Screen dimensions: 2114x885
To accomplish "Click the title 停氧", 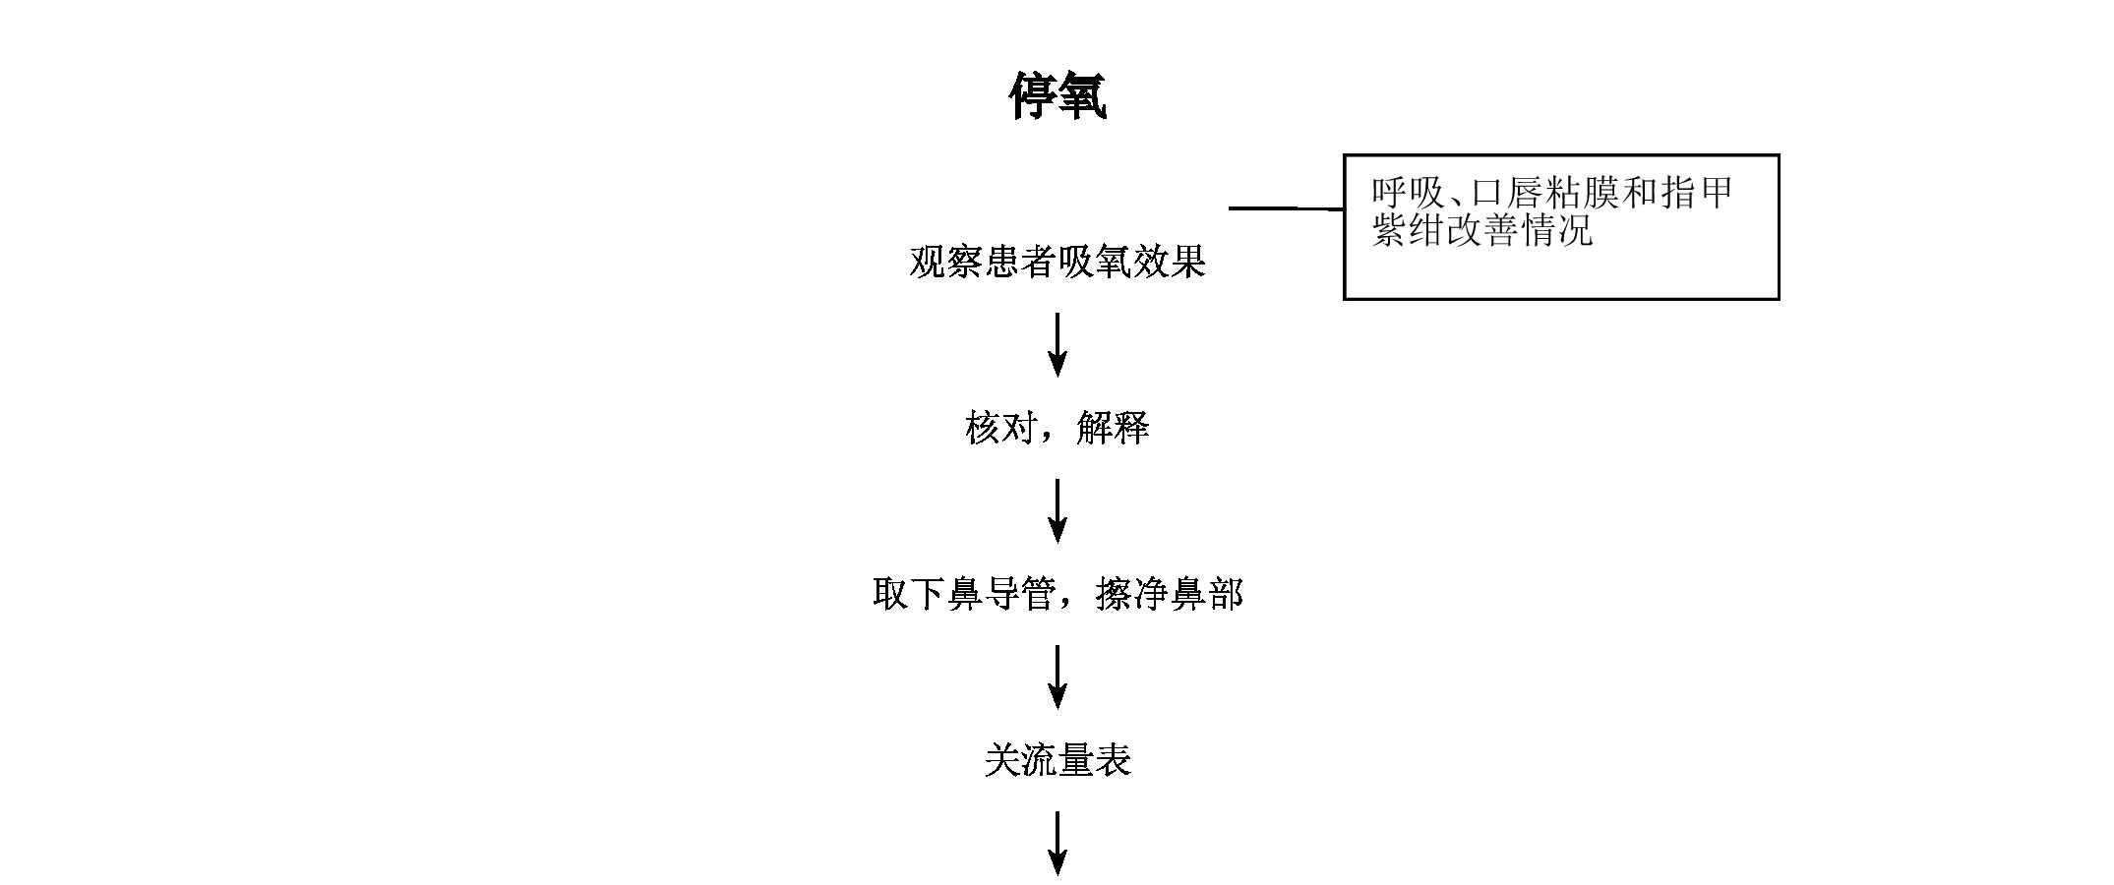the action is click(x=1057, y=96).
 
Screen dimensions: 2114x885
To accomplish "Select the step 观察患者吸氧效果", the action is click(x=1057, y=263).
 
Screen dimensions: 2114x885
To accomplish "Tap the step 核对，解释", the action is click(x=1057, y=429).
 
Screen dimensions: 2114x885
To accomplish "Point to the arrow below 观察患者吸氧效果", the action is click(x=1057, y=345).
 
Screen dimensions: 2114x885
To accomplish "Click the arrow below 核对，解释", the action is click(x=1057, y=511).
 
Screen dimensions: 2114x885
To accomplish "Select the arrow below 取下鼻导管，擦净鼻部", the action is click(x=1057, y=678).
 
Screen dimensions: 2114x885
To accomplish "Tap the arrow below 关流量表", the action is click(x=1057, y=844).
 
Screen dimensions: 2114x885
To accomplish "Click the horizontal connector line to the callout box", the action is click(x=1287, y=208).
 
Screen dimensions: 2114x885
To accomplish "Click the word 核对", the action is click(x=1001, y=429).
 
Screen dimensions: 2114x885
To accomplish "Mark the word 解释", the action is click(x=1114, y=429).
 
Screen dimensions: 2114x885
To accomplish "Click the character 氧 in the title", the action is click(x=1083, y=96).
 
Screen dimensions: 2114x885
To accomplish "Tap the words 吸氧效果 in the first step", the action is click(x=1132, y=263).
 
